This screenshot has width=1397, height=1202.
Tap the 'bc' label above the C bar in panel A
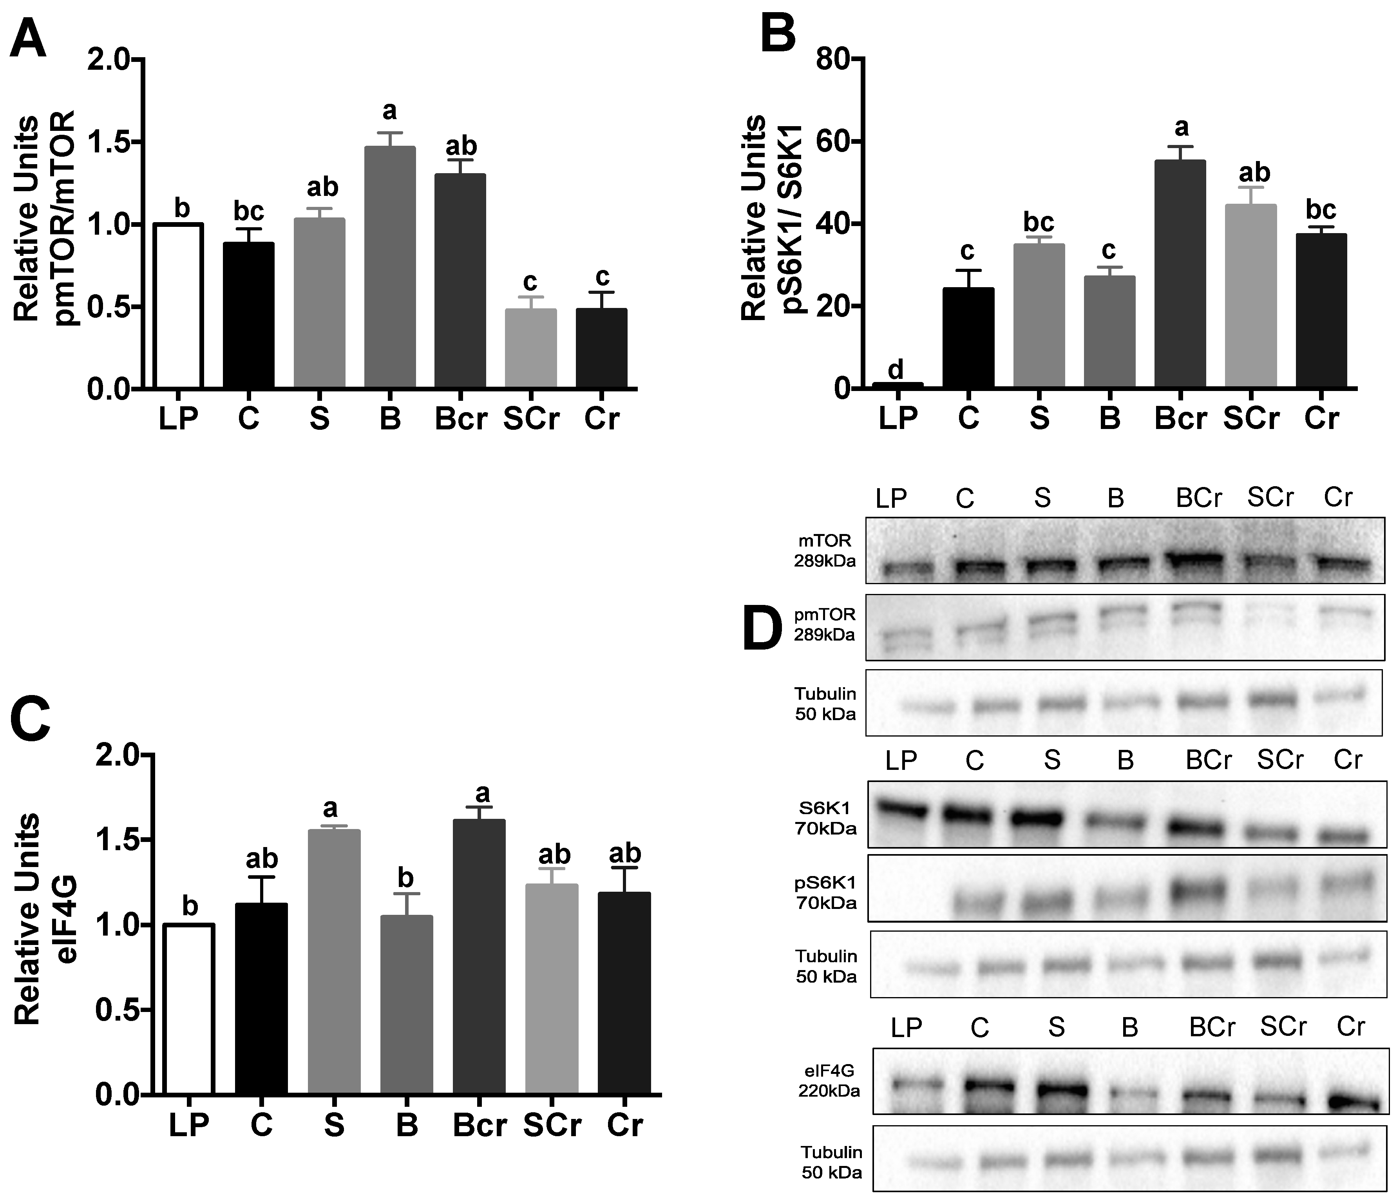coord(249,212)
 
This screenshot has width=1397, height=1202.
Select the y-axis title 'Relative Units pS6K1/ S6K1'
coord(765,217)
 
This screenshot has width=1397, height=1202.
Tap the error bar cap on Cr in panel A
coord(601,293)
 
